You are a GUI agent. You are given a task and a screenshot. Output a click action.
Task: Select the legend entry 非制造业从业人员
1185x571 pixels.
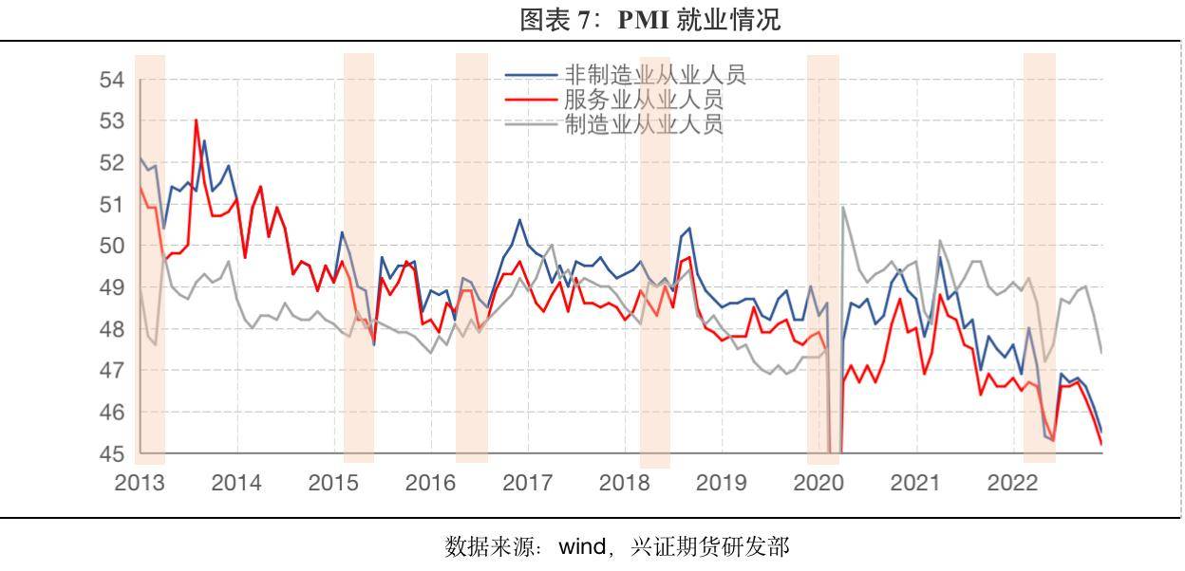pos(655,75)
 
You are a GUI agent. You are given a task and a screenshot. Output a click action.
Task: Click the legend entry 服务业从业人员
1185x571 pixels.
pos(643,100)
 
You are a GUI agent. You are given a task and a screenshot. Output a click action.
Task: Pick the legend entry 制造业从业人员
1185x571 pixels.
pos(643,124)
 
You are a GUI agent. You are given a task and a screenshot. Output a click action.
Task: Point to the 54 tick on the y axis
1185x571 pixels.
pos(112,80)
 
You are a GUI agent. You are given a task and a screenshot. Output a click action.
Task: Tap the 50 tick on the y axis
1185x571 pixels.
pos(112,246)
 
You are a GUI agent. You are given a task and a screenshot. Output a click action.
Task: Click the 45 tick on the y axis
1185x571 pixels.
pos(112,454)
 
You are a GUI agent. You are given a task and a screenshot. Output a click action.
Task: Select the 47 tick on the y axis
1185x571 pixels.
pos(112,371)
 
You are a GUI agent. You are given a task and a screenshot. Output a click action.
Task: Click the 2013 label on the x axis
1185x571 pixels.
pos(140,483)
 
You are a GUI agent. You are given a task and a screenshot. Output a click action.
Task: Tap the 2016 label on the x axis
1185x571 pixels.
pos(430,483)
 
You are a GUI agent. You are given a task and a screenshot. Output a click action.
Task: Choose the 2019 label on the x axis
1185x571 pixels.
pos(721,483)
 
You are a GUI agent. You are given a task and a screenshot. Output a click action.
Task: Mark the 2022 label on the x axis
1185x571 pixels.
pos(1011,483)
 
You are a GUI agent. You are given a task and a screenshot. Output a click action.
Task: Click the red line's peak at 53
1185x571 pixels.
pos(196,120)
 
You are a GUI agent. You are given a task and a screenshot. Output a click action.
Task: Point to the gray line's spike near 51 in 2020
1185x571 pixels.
pos(844,207)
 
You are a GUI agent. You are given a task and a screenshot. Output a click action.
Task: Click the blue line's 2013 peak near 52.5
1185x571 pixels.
pos(204,141)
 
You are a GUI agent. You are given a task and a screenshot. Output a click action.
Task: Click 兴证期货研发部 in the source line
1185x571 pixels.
pos(708,548)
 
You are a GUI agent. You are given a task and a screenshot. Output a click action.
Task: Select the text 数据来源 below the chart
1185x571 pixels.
pos(483,548)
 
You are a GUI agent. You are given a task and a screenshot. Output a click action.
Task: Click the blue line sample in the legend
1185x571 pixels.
pos(530,75)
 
